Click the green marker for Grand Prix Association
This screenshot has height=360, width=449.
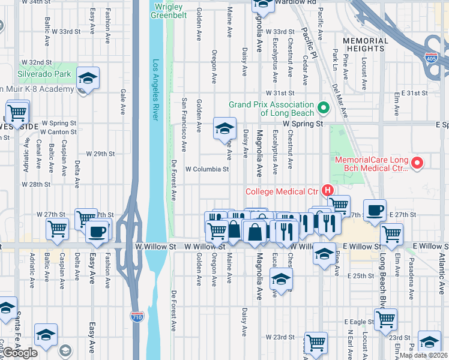coord(324,109)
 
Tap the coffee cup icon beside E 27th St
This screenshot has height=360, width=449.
coord(375,210)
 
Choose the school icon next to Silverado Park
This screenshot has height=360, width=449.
coord(88,78)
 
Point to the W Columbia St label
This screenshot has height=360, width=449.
coord(206,169)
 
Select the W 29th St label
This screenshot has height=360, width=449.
coord(100,154)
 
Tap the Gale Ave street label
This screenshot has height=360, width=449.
coord(124,103)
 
